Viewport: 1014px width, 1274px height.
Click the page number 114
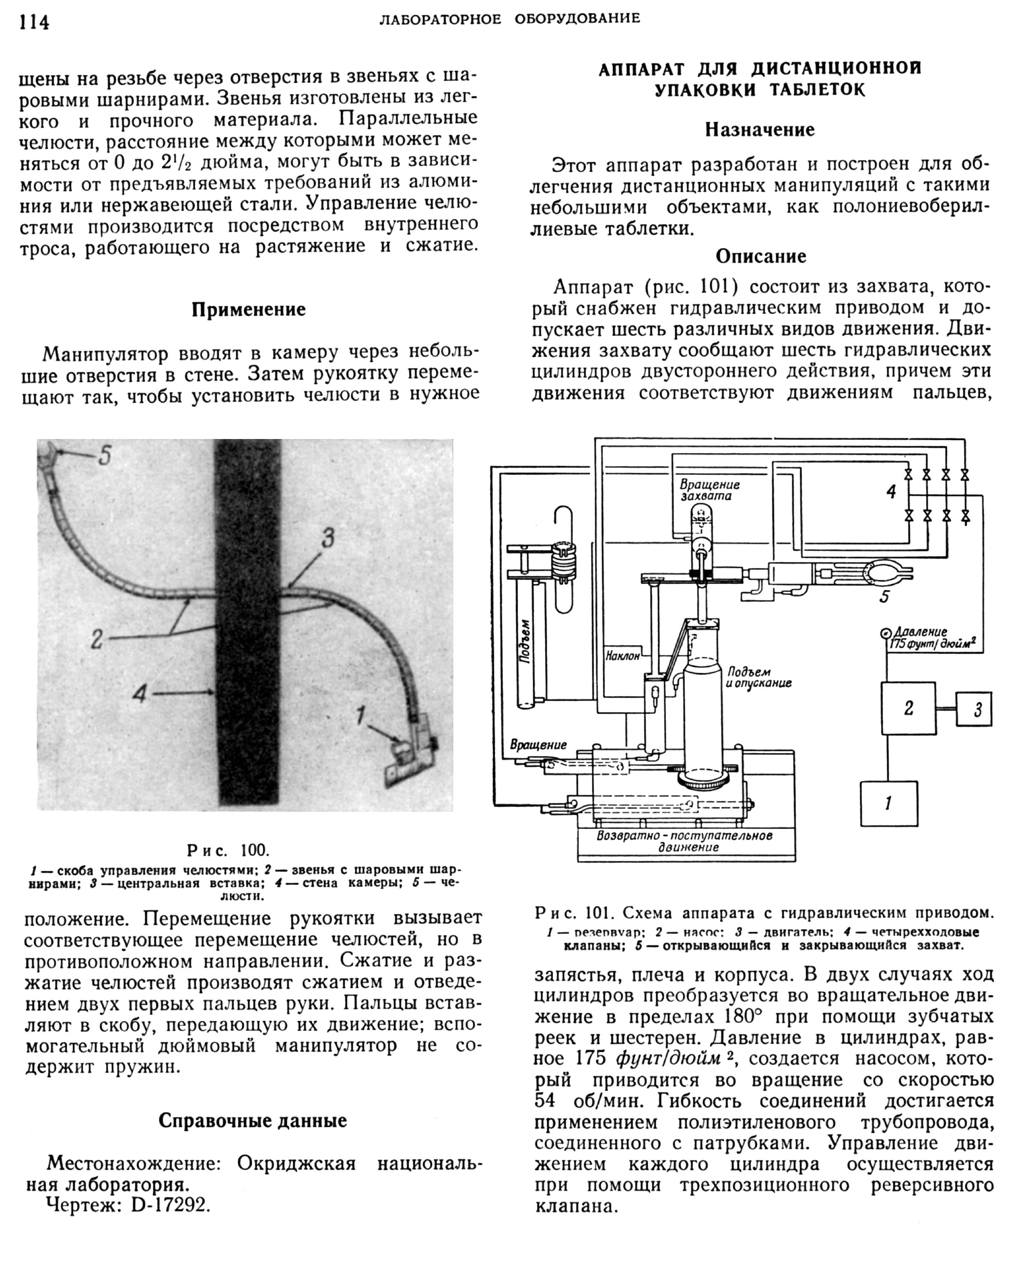click(34, 22)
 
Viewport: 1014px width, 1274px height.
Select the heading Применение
click(249, 310)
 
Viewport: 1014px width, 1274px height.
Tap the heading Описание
click(760, 256)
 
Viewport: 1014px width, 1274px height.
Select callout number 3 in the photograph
click(327, 538)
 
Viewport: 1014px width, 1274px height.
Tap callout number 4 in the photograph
click(139, 693)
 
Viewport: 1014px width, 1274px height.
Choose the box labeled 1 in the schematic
click(888, 803)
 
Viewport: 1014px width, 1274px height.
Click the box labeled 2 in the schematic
click(908, 708)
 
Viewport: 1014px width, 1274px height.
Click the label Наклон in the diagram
click(623, 656)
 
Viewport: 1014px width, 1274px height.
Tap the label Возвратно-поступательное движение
click(684, 841)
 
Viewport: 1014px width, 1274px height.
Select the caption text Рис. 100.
click(228, 850)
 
